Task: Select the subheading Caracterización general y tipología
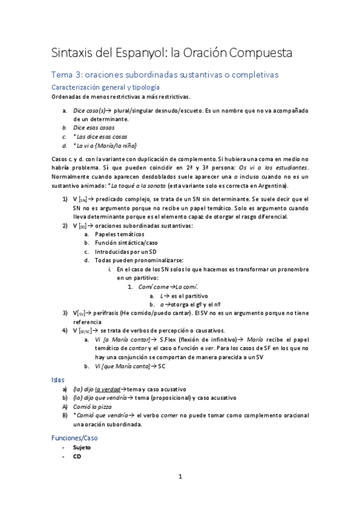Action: pyautogui.click(x=106, y=88)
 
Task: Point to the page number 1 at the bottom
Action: pyautogui.click(x=180, y=476)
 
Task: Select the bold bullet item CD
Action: pyautogui.click(x=77, y=456)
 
